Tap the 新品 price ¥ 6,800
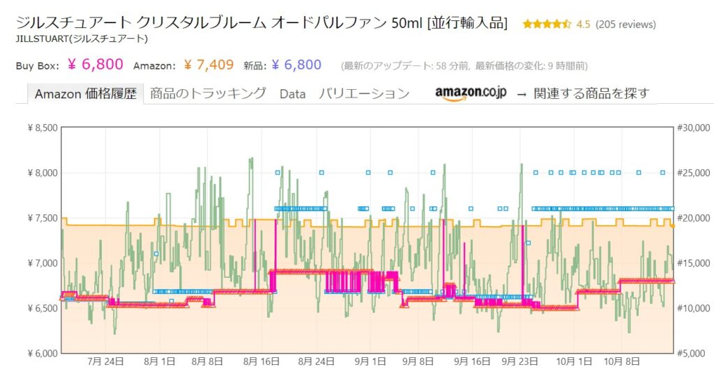296,65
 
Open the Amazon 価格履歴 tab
86,93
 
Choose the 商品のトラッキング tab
208,93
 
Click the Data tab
293,93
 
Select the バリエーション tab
364,93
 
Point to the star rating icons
547,24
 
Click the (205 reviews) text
625,24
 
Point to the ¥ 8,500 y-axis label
41,127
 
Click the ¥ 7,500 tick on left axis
41,217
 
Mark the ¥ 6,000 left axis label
41,353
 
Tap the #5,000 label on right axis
694,353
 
